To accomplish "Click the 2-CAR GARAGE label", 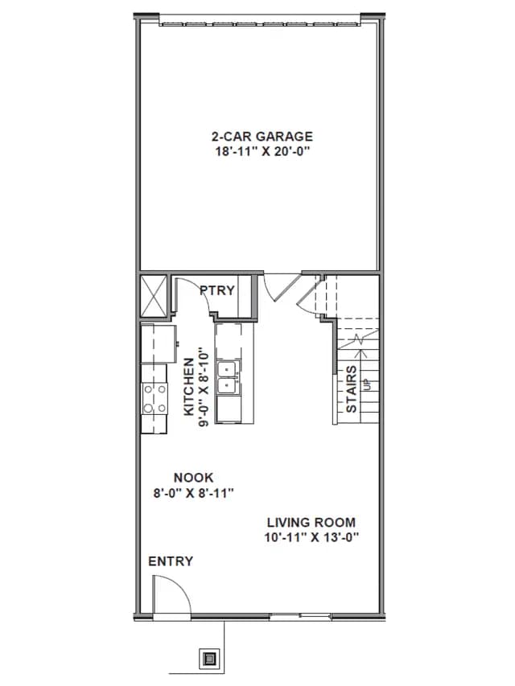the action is point(262,137).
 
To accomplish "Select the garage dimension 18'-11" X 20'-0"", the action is point(262,151).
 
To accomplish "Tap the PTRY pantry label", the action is point(217,290).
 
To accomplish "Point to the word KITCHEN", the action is point(189,387).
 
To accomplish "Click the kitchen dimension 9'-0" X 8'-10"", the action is point(204,387).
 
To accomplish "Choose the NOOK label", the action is point(193,478).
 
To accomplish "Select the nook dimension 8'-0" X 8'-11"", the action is point(193,493).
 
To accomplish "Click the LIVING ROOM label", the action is point(311,523).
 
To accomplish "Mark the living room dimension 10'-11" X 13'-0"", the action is point(311,537).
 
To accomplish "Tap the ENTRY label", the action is point(171,561).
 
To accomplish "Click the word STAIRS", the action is point(351,389).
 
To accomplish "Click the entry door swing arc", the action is point(180,585).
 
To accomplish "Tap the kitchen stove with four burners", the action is point(154,399).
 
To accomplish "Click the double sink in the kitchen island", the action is point(228,378).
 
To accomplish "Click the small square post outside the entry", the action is point(209,658).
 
